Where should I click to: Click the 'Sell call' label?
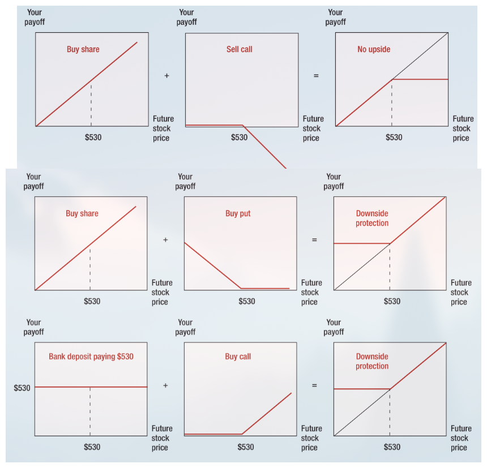[x=239, y=49]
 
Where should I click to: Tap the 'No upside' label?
[x=374, y=49]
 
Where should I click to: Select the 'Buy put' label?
[x=238, y=213]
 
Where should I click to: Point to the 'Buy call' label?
[x=238, y=357]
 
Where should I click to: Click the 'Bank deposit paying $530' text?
[x=91, y=357]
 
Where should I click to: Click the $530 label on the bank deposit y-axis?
[x=22, y=388]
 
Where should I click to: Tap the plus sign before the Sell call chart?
[x=167, y=76]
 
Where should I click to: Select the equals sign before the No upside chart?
[x=316, y=76]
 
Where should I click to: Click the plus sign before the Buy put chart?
[x=165, y=240]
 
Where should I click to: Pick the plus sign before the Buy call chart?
[x=165, y=385]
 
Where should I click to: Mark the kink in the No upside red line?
[x=392, y=79]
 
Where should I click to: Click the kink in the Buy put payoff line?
[x=241, y=289]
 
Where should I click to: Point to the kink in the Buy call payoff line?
[x=242, y=434]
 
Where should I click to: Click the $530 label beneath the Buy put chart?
[x=246, y=302]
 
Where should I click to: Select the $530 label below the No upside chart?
[x=394, y=138]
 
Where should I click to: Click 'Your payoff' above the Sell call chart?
[x=186, y=17]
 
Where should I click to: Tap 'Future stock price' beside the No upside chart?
[x=462, y=128]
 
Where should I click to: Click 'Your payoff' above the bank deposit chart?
[x=35, y=327]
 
